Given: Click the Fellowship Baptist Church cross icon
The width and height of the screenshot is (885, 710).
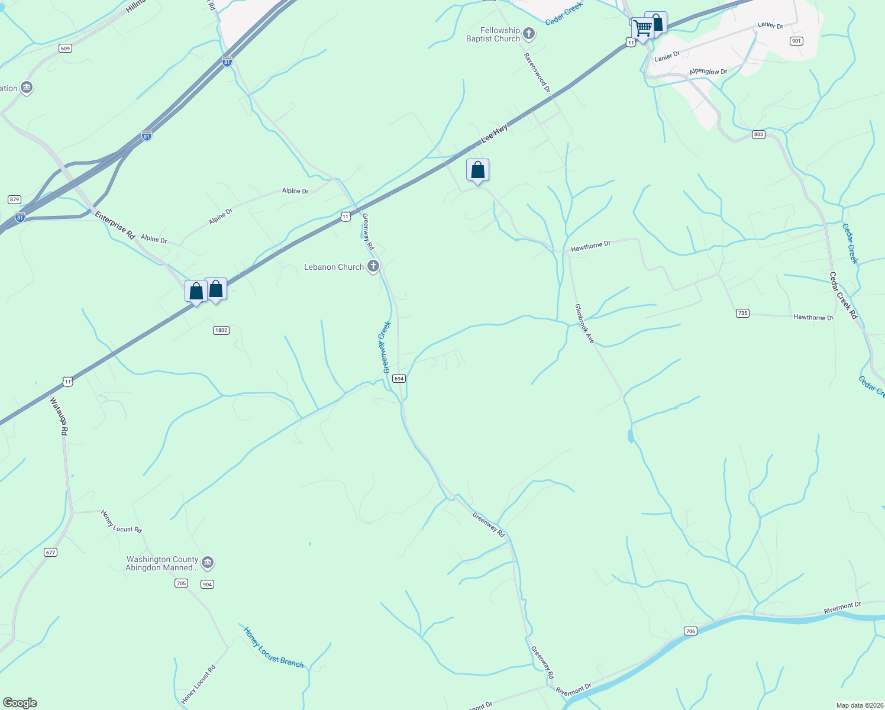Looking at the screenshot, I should pyautogui.click(x=529, y=34).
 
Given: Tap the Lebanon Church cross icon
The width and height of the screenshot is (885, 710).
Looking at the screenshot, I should pyautogui.click(x=373, y=267).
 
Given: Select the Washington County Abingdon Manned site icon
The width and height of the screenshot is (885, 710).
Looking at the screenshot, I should pyautogui.click(x=208, y=563).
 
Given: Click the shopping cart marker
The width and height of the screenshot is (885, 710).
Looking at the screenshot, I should pyautogui.click(x=642, y=27).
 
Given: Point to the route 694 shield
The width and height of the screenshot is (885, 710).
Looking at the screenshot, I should pyautogui.click(x=399, y=379).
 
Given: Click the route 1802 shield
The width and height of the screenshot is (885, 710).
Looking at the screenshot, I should pyautogui.click(x=221, y=330).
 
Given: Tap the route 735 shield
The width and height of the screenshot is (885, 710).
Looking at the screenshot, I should pyautogui.click(x=742, y=313).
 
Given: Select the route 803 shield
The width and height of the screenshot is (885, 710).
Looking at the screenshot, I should pyautogui.click(x=759, y=135).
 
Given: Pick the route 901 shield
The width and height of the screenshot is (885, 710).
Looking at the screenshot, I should pyautogui.click(x=796, y=41).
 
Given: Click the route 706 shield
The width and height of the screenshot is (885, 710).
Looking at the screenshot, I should pyautogui.click(x=690, y=631).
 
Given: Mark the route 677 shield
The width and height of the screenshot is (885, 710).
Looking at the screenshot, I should pyautogui.click(x=50, y=553).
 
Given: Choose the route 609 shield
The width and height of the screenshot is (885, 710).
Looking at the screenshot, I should pyautogui.click(x=65, y=49).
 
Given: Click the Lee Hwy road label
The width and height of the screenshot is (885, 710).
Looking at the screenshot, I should pyautogui.click(x=495, y=134).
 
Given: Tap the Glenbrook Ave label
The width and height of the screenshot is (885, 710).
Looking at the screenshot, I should pyautogui.click(x=584, y=324).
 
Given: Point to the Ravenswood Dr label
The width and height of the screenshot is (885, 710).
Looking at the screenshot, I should pyautogui.click(x=537, y=72).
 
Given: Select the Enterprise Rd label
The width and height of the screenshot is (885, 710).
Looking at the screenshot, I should pyautogui.click(x=115, y=225).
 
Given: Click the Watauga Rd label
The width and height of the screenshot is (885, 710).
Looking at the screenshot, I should pyautogui.click(x=59, y=417).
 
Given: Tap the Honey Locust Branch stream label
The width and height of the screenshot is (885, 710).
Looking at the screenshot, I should pyautogui.click(x=273, y=647).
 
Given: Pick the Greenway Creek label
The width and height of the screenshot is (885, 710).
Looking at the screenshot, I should pyautogui.click(x=387, y=347).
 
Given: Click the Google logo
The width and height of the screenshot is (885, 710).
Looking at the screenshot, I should pyautogui.click(x=20, y=703).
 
